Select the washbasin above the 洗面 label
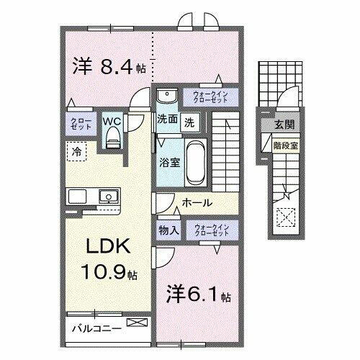pyautogui.click(x=165, y=98)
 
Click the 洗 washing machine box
pyautogui.click(x=188, y=122)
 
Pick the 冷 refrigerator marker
pyautogui.click(x=76, y=151)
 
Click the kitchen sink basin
pyautogui.click(x=109, y=195)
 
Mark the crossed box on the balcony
pyautogui.click(x=136, y=325)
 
